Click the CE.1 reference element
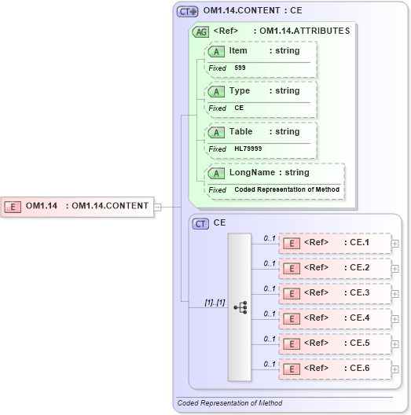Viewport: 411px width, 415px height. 335,243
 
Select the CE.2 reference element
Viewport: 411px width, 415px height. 335,268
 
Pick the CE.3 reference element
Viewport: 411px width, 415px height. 335,293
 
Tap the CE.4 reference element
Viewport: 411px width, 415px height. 335,318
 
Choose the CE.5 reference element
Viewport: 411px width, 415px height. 335,343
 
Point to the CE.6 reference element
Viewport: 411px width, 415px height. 335,369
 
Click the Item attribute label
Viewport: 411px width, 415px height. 238,50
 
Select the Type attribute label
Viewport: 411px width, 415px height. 239,91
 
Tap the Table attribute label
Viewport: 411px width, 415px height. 240,132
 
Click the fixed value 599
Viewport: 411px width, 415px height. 240,68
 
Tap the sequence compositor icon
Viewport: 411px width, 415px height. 240,307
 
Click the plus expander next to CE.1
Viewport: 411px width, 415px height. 395,243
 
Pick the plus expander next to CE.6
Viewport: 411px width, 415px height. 395,369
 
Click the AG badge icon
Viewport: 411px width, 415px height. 201,31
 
